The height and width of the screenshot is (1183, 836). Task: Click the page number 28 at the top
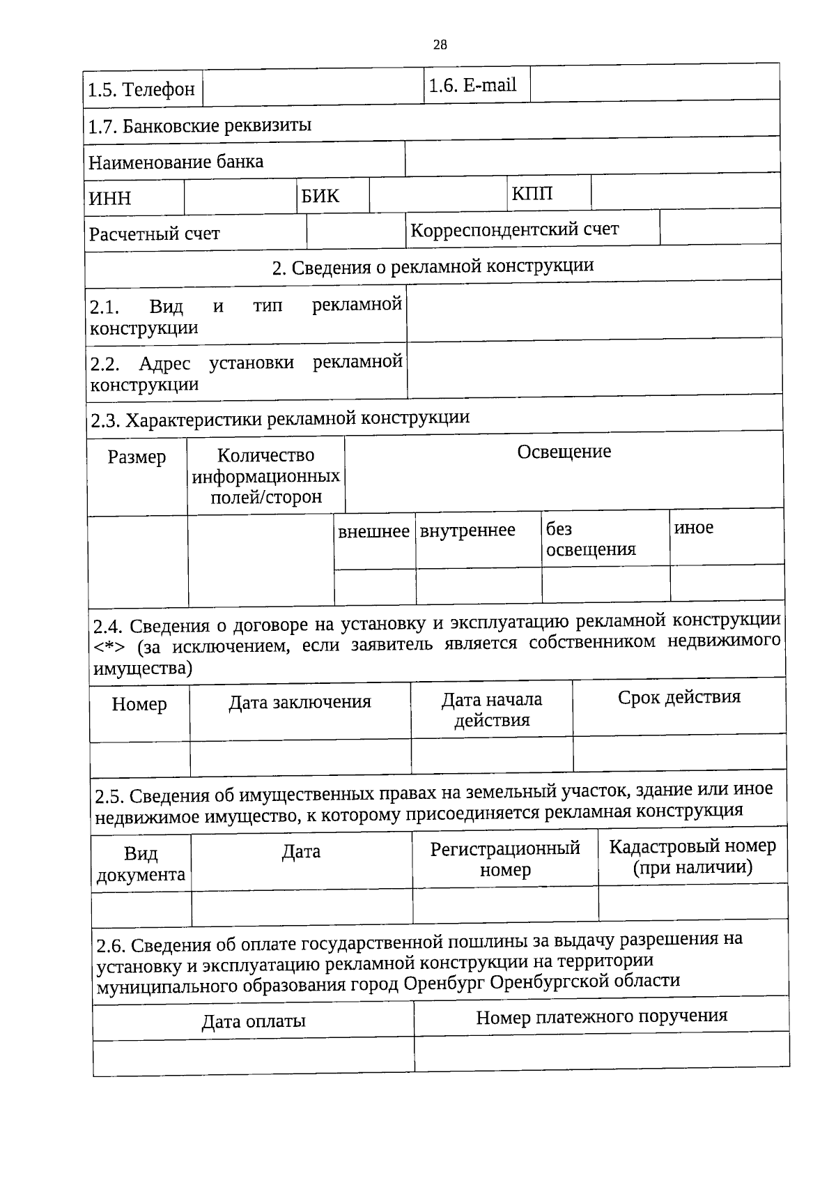click(x=440, y=45)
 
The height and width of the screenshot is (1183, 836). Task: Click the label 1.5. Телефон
click(x=141, y=90)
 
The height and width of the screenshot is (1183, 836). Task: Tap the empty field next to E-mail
click(x=654, y=84)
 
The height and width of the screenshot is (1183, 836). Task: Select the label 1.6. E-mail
click(x=472, y=86)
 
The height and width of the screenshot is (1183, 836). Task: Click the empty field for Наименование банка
click(x=591, y=158)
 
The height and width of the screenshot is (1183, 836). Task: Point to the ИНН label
click(x=110, y=199)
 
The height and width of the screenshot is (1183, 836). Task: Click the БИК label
click(x=320, y=197)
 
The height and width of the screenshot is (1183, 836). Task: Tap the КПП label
click(x=532, y=194)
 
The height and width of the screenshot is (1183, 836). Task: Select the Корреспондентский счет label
click(x=514, y=229)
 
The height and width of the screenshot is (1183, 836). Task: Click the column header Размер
click(x=137, y=457)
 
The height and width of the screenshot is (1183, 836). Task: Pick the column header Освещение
click(x=564, y=452)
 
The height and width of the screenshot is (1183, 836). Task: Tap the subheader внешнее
click(x=373, y=532)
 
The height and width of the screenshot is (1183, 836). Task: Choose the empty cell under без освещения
click(x=605, y=584)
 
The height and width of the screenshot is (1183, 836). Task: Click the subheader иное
click(x=694, y=528)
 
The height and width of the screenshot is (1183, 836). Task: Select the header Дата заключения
click(x=300, y=702)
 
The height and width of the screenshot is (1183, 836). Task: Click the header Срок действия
click(x=679, y=697)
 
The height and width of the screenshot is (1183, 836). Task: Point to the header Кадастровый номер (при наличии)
click(x=692, y=857)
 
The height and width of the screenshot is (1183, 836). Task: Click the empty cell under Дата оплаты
click(x=254, y=1055)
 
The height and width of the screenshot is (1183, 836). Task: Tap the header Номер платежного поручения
click(x=601, y=1017)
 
